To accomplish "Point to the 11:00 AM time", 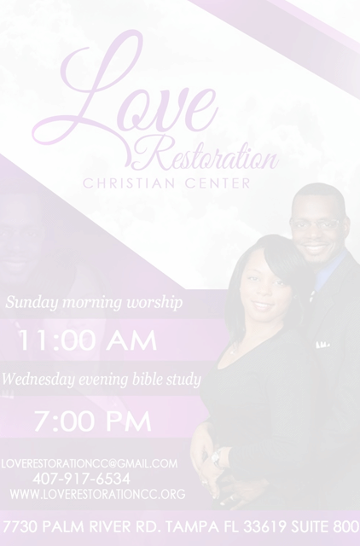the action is click(87, 340).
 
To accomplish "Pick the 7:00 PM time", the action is click(93, 421).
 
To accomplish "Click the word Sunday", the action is click(32, 302).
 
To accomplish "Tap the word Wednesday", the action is click(38, 380).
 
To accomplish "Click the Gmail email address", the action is click(90, 463).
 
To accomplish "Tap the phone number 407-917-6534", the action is click(82, 479).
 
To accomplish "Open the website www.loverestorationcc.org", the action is click(97, 494).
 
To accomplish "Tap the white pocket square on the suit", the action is click(322, 345).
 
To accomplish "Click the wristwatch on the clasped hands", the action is click(216, 457).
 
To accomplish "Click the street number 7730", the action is click(20, 526).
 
